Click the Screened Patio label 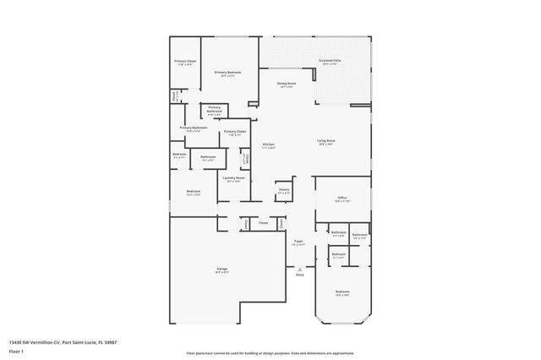click(x=330, y=61)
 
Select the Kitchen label click(x=268, y=145)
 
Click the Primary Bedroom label click(x=227, y=73)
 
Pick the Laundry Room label click(x=234, y=178)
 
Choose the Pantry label click(x=284, y=190)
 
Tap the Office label click(x=342, y=199)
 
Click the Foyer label click(x=298, y=242)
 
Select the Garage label click(x=221, y=270)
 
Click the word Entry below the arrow click(x=299, y=275)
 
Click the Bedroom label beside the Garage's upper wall click(x=194, y=192)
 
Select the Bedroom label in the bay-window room click(x=342, y=292)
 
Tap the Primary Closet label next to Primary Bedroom click(x=185, y=62)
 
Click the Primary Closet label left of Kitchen click(x=234, y=132)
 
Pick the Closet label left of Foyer click(x=263, y=223)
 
